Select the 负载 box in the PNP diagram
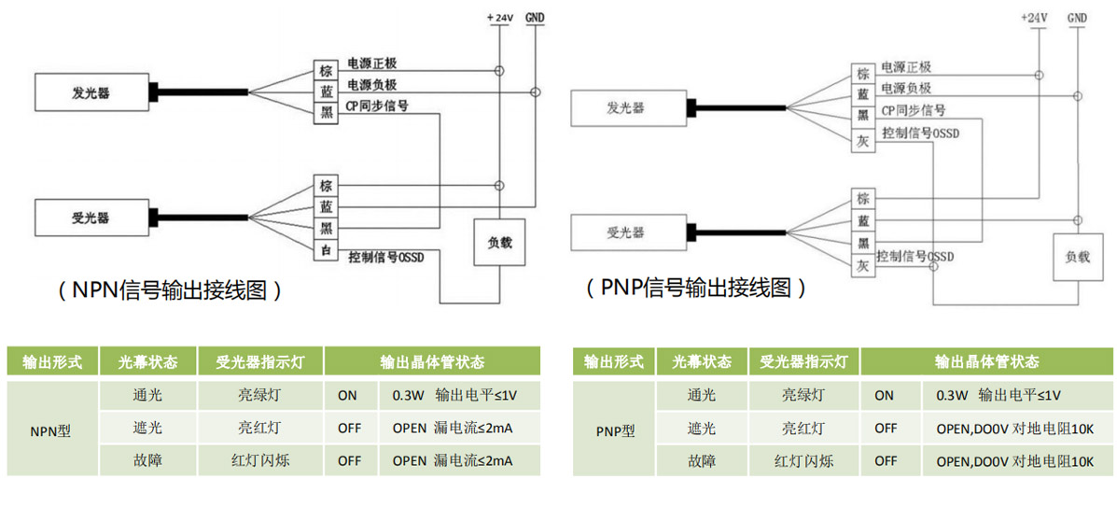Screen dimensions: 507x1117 point(1076,256)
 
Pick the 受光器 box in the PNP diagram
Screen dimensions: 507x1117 point(625,232)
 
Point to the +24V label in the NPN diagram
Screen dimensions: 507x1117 point(499,18)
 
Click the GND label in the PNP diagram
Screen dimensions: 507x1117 point(1077,18)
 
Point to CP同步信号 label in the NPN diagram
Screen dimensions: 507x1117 point(377,106)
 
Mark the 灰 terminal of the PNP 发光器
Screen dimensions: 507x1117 point(863,141)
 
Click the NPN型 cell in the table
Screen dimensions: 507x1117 point(50,430)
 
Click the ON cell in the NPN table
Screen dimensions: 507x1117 point(347,396)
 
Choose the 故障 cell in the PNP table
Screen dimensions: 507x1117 point(701,461)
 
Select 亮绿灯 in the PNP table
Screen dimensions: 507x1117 point(803,395)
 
